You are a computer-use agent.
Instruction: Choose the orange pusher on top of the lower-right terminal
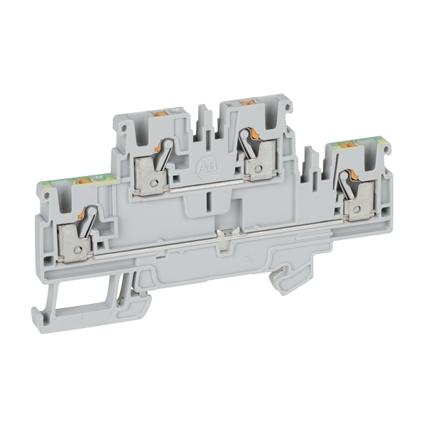(347, 146)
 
